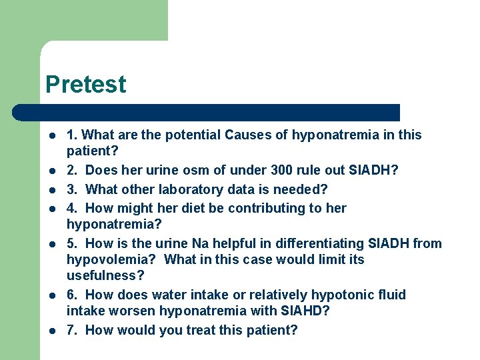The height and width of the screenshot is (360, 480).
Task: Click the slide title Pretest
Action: pos(85,85)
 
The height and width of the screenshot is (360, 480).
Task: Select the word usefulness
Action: pos(103,275)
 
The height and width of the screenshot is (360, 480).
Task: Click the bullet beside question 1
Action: pos(51,135)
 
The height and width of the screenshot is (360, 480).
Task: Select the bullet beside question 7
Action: pos(51,331)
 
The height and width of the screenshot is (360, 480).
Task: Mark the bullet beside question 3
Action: pos(51,190)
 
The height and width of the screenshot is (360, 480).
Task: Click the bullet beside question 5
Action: pos(51,244)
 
